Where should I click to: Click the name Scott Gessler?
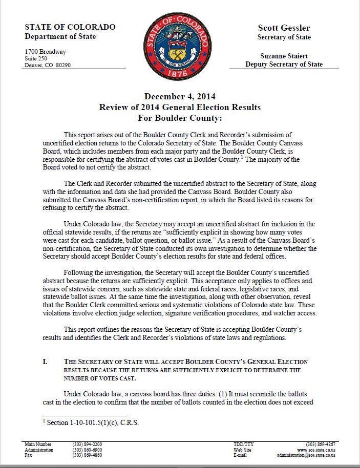coord(284,28)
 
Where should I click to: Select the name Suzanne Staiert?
coord(284,55)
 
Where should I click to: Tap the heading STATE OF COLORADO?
coord(70,27)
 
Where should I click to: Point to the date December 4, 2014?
coord(180,96)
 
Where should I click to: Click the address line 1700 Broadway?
coord(46,52)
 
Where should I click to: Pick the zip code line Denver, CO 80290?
coord(48,65)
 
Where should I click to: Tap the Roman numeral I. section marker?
coord(45,361)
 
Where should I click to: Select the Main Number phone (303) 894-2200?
coord(87,444)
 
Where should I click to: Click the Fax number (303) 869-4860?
coord(87,455)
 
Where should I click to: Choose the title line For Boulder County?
coord(180,118)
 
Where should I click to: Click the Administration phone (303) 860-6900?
coord(87,449)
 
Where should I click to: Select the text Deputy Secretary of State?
coord(284,65)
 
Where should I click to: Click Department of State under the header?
coord(60,37)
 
